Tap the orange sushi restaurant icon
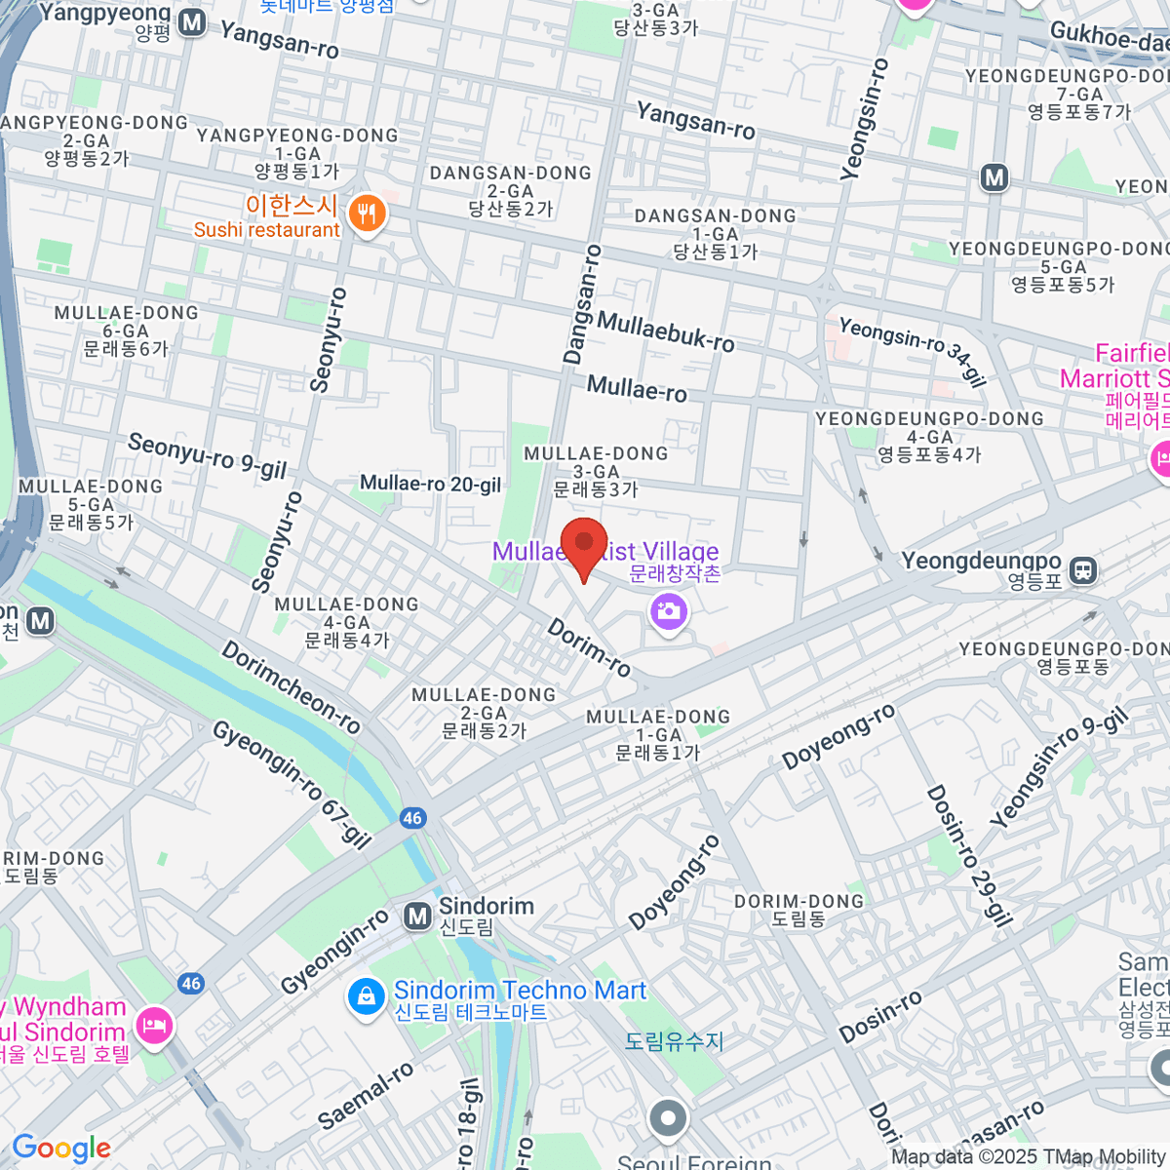[x=368, y=214]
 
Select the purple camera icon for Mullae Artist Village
[x=669, y=613]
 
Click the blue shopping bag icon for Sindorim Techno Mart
[x=366, y=997]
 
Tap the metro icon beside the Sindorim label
[x=418, y=916]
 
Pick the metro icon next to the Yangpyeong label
[x=192, y=22]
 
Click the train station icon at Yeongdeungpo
[x=1083, y=570]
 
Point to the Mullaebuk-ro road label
[x=666, y=331]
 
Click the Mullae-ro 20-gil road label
[x=430, y=484]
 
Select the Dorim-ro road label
[x=589, y=648]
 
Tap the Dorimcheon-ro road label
[x=291, y=687]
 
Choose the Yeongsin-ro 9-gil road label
[x=1059, y=768]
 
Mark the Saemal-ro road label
[x=366, y=1096]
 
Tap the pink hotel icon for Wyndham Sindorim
[x=156, y=1025]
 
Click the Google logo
[x=61, y=1149]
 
